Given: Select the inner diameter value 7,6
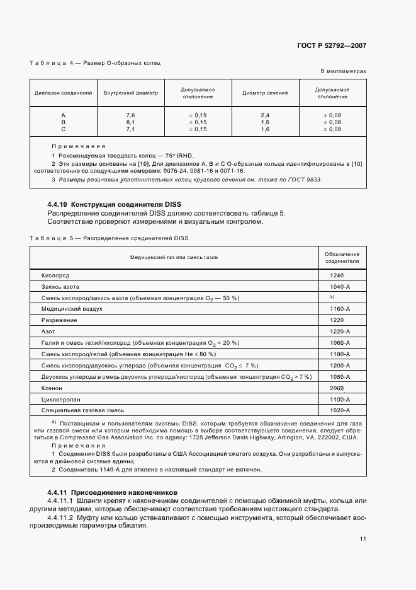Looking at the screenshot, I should (131, 115).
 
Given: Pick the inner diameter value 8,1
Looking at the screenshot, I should (131, 122).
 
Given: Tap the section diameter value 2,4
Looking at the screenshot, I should (265, 115).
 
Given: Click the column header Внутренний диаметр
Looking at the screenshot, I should (131, 93).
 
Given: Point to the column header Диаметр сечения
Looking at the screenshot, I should (265, 93).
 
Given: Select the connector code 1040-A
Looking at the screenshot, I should (339, 286).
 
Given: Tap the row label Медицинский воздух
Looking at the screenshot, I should (72, 309).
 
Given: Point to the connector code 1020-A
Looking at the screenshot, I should (339, 411).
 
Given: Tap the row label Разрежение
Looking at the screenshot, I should (59, 320).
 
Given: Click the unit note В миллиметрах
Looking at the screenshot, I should (344, 71).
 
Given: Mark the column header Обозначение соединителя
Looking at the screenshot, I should (342, 257).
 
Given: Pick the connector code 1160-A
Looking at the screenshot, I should (339, 309).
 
